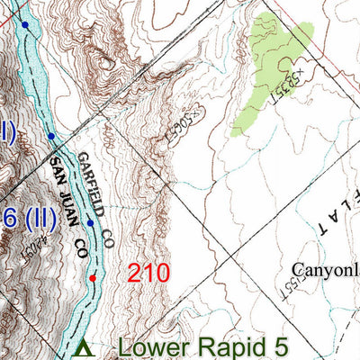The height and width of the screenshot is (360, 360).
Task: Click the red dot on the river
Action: (92, 278)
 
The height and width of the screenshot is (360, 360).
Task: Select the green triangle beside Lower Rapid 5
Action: (84, 346)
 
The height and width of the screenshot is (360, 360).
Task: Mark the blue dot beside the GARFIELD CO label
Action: (90, 222)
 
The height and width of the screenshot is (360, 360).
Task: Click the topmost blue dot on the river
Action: (25, 26)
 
